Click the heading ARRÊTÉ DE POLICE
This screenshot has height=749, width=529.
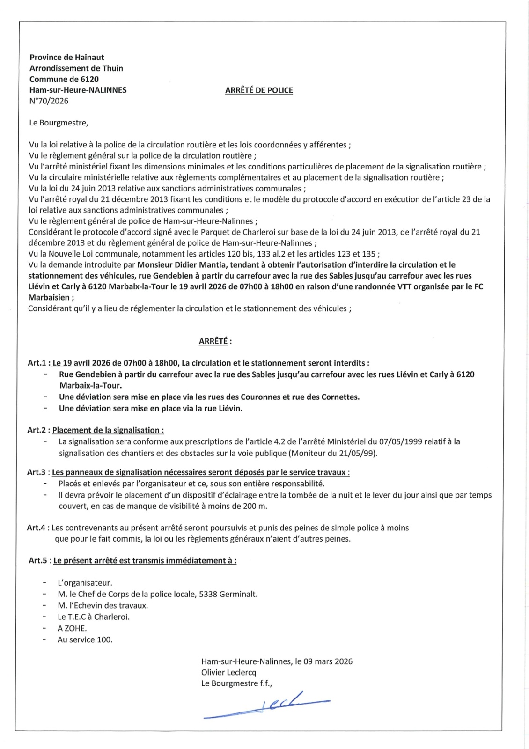[x=259, y=90]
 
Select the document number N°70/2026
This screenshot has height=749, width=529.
[x=49, y=101]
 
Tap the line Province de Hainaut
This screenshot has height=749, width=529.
[x=67, y=58]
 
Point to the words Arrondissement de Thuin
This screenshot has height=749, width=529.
[x=76, y=68]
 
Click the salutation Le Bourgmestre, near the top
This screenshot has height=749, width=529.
[x=59, y=123]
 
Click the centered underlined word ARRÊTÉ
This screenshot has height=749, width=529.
[x=213, y=341]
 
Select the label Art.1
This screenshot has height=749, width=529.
[x=37, y=363]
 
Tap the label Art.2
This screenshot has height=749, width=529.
[x=37, y=430]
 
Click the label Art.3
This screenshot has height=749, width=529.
[x=36, y=472]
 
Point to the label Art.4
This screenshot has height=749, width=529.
[x=36, y=528]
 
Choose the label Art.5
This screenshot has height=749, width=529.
[x=37, y=561]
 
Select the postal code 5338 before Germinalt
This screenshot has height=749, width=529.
[x=209, y=595]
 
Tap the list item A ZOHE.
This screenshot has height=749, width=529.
[x=72, y=628]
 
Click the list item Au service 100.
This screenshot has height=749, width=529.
[x=85, y=639]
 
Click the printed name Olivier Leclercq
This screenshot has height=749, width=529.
[x=229, y=672]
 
